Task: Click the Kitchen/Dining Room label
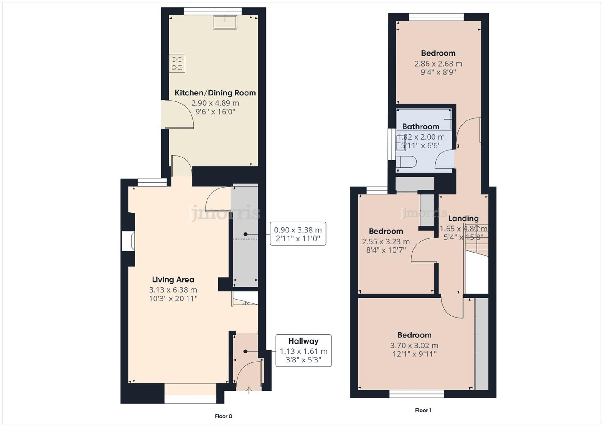click(215, 93)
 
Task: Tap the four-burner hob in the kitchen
click(177, 64)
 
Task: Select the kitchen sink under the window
click(225, 22)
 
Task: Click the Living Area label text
click(173, 280)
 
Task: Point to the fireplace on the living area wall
click(128, 241)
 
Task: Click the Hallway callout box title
click(303, 341)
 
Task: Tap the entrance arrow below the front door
click(249, 391)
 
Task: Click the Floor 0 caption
click(223, 416)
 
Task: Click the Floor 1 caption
click(423, 410)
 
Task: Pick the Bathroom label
click(421, 126)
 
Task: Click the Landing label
click(463, 219)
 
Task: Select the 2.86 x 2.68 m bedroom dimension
click(438, 64)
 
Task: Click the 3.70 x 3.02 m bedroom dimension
click(414, 346)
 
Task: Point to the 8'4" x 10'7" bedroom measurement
click(386, 250)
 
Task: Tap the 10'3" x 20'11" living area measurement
click(173, 299)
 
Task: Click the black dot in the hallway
click(245, 351)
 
